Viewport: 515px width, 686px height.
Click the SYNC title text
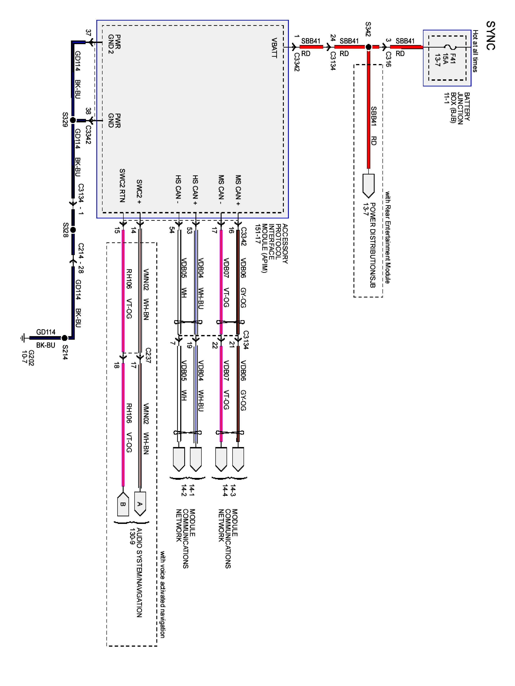pyautogui.click(x=491, y=35)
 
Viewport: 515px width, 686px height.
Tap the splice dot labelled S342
pyautogui.click(x=369, y=47)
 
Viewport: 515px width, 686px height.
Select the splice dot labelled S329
pyautogui.click(x=73, y=120)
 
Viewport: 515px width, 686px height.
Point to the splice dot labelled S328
pyautogui.click(x=73, y=230)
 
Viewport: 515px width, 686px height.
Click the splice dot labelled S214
pyautogui.click(x=65, y=338)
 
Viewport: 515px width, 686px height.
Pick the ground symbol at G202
pyautogui.click(x=23, y=338)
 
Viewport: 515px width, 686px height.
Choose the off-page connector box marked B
pyautogui.click(x=123, y=504)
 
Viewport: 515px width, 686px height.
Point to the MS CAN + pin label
pyautogui.click(x=238, y=190)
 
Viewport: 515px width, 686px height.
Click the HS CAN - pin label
pyautogui.click(x=178, y=189)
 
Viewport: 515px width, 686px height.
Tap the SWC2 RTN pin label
pyautogui.click(x=122, y=185)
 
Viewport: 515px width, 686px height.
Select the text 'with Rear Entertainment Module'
pyautogui.click(x=388, y=237)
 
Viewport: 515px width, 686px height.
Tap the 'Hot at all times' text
pyautogui.click(x=475, y=51)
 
